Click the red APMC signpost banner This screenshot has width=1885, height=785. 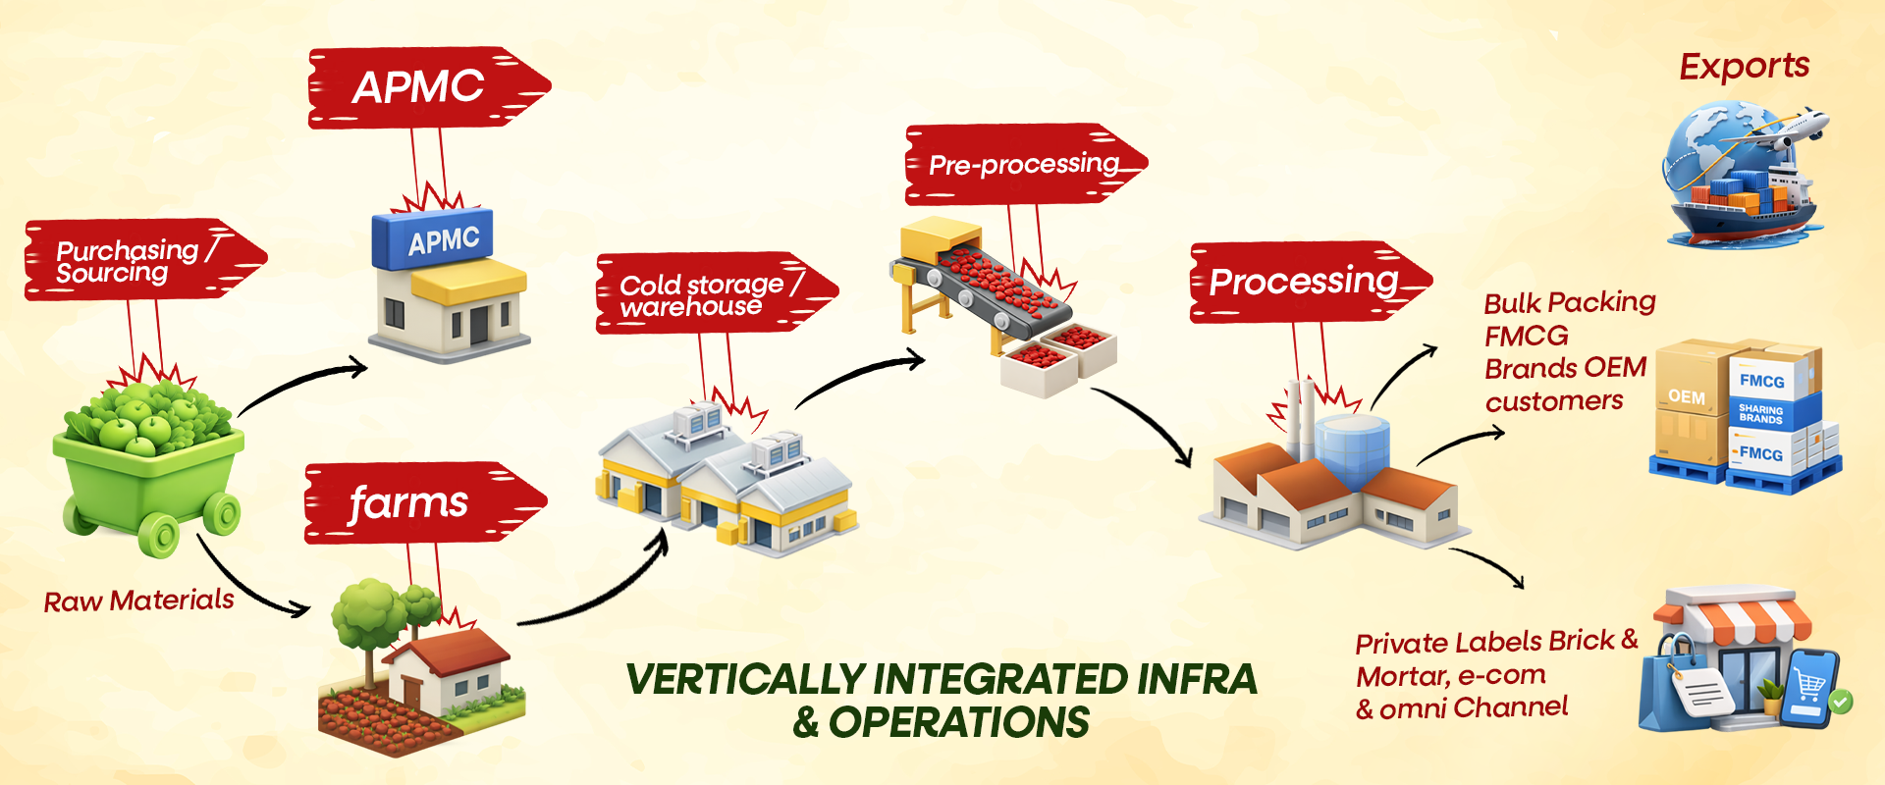click(x=422, y=87)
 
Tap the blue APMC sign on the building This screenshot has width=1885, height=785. click(x=434, y=238)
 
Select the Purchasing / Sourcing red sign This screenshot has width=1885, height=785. click(x=133, y=260)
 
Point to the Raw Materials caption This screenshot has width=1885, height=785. click(x=138, y=601)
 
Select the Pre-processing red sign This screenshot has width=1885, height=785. click(x=1021, y=164)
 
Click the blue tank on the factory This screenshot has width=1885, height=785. click(x=1353, y=446)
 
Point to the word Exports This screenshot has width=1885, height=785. click(x=1744, y=67)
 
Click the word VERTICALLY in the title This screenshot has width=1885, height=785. click(x=746, y=679)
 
